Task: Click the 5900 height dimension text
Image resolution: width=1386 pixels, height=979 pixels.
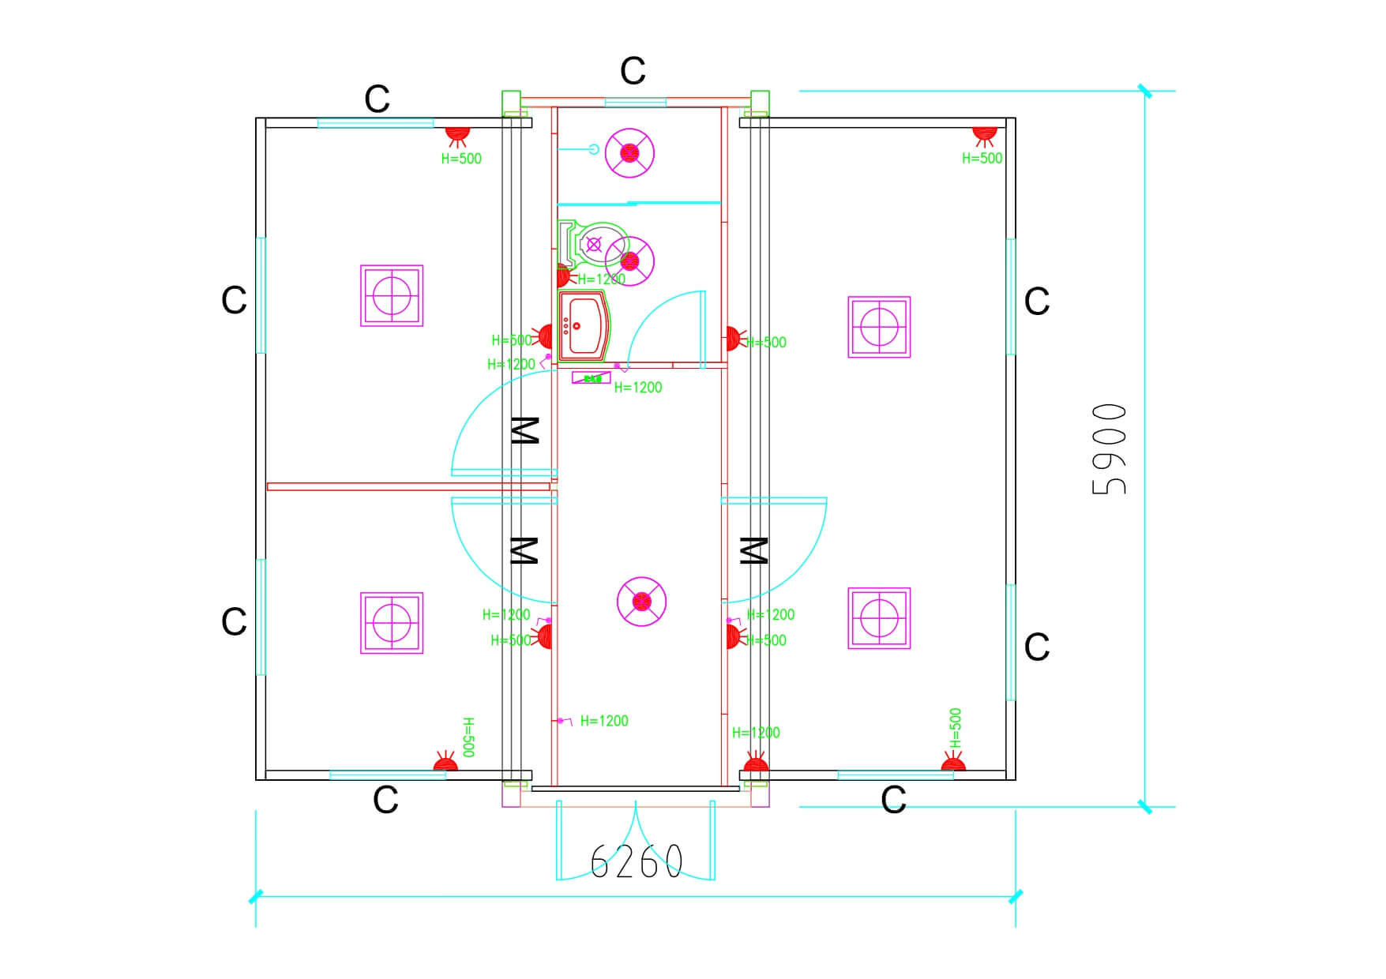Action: point(1109,449)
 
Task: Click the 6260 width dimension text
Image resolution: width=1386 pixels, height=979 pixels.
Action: point(636,861)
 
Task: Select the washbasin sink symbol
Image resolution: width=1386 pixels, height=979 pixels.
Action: point(583,326)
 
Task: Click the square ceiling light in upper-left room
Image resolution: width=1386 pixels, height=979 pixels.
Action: point(392,295)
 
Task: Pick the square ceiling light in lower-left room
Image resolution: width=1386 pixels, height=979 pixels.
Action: point(392,622)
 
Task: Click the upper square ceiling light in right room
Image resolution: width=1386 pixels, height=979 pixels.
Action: point(879,327)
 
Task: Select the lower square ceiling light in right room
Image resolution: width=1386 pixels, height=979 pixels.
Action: point(879,618)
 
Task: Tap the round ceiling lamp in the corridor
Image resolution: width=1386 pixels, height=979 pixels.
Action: point(641,602)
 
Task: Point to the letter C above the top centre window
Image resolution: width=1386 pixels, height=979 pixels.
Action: point(633,71)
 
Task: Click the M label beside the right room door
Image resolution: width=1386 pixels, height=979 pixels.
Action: point(753,550)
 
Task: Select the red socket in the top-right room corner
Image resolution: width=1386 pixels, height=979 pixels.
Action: point(984,135)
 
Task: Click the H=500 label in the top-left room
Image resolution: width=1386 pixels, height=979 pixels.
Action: point(461,159)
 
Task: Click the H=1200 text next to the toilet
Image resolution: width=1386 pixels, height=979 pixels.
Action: point(601,279)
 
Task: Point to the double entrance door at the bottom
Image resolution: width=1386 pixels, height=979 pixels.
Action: point(636,841)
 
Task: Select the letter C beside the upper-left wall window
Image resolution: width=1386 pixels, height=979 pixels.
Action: point(234,301)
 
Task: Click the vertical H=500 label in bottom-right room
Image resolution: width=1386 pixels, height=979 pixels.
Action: point(956,728)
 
